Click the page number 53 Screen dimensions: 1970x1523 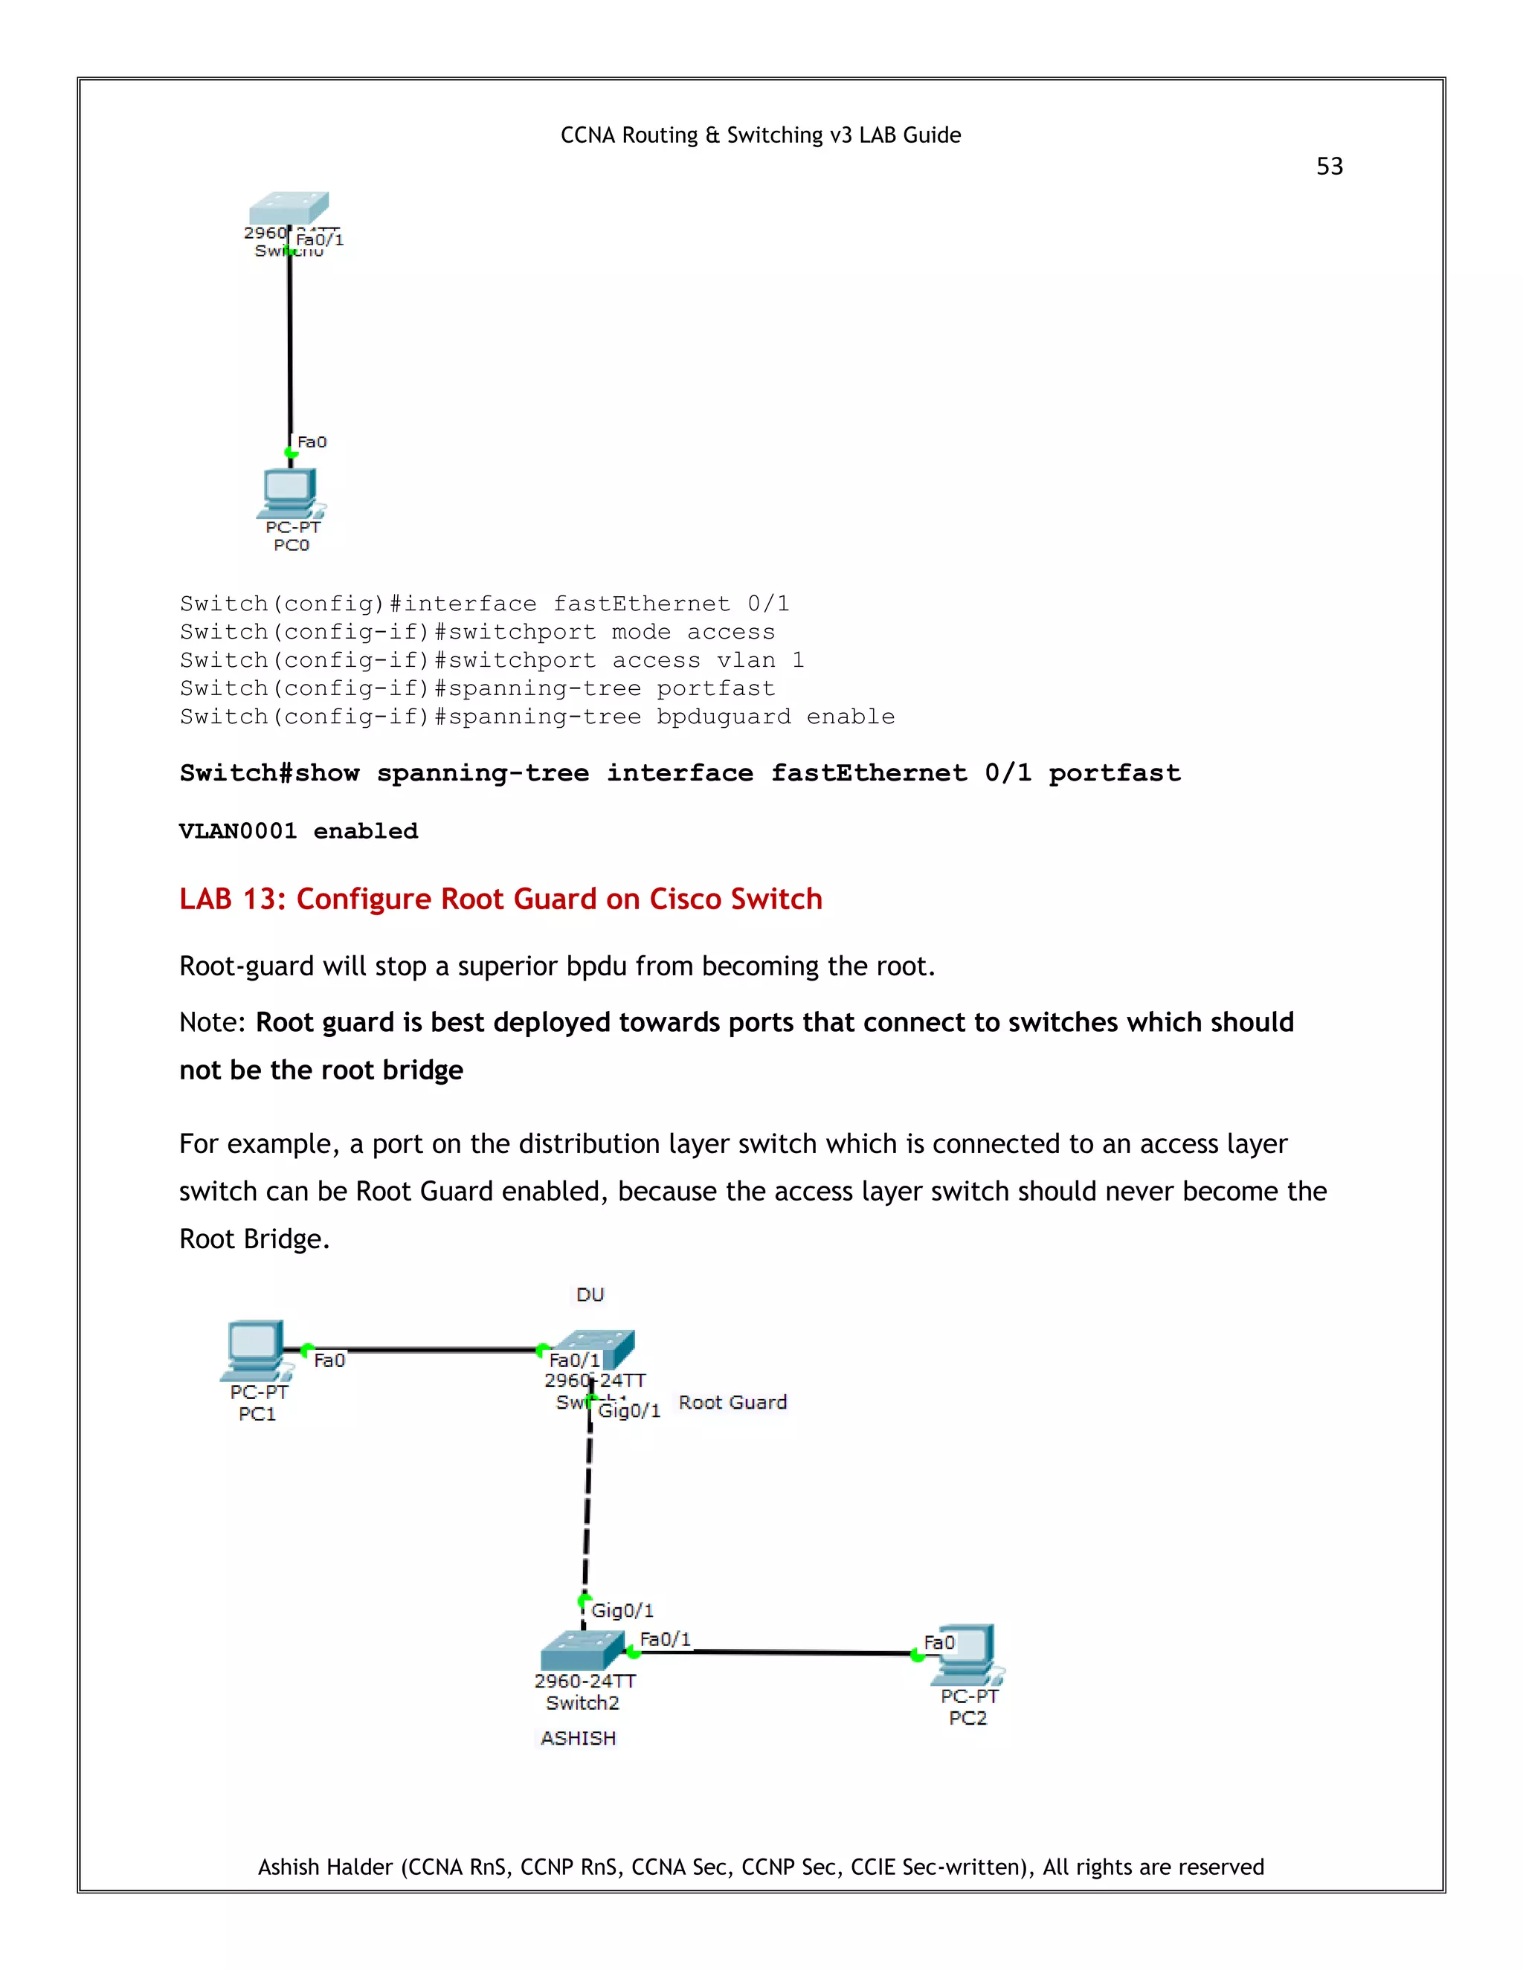(x=1329, y=167)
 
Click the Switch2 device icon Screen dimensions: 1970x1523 (x=582, y=1650)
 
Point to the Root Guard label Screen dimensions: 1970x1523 (x=732, y=1403)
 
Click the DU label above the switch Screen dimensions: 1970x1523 (x=590, y=1295)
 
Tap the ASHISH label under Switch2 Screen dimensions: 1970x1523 (x=579, y=1738)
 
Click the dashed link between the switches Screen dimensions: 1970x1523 (x=587, y=1506)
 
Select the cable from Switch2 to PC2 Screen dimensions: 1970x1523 (x=776, y=1653)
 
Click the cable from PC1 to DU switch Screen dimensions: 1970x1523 (x=424, y=1349)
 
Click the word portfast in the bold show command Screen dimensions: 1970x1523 (x=1113, y=773)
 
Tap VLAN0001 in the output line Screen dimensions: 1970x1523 (x=237, y=831)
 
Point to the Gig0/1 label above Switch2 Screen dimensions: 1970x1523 (x=622, y=1610)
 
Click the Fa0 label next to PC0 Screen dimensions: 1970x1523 (x=312, y=442)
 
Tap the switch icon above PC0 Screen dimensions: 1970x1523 (x=289, y=207)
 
